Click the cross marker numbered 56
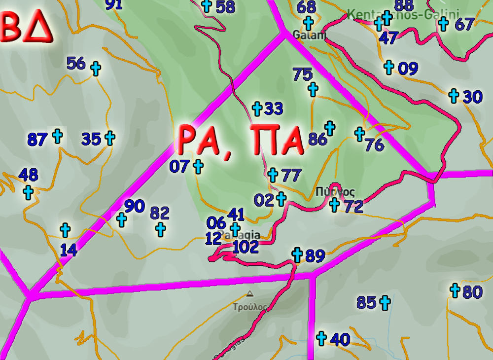tap(96, 69)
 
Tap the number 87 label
tap(37, 140)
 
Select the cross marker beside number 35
tap(110, 138)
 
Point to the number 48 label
tap(28, 175)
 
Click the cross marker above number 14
tap(65, 230)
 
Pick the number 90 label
tap(134, 206)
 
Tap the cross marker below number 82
tap(160, 229)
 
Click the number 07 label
tap(179, 167)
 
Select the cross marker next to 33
tap(257, 108)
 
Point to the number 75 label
tap(302, 74)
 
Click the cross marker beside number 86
tap(329, 128)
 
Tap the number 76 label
tap(375, 145)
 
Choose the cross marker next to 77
tap(273, 174)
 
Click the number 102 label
tap(246, 247)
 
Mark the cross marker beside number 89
tap(297, 254)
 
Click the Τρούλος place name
tap(250, 307)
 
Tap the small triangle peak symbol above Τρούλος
tap(250, 294)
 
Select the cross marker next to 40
tap(321, 338)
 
